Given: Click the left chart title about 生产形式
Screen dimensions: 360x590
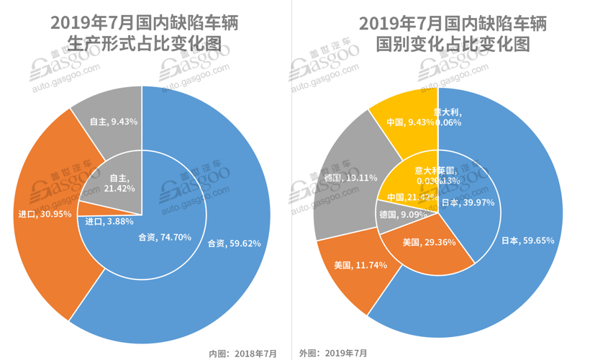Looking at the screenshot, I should click(144, 33).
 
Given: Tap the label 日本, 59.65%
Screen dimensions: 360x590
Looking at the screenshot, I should click(527, 240).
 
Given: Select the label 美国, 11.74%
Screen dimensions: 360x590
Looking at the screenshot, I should click(360, 265).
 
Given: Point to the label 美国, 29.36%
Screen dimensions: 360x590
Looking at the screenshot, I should click(429, 243).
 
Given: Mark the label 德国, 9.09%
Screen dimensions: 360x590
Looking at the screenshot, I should click(403, 215).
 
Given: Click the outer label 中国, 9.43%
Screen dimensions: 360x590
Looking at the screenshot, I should click(411, 122).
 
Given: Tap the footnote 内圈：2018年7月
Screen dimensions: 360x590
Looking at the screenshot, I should click(242, 353).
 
